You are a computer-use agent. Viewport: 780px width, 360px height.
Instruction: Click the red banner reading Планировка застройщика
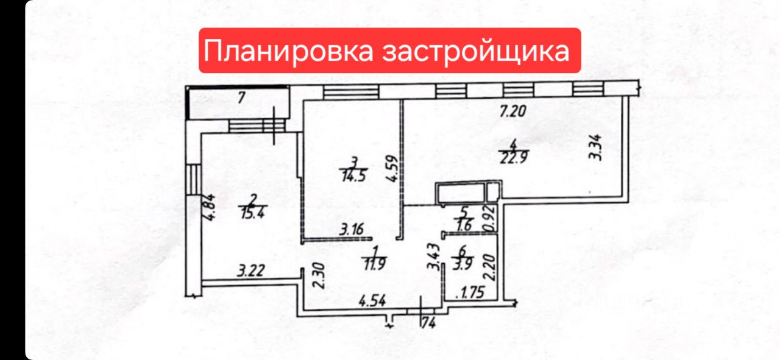390,51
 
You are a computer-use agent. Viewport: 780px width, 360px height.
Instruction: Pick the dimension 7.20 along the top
512,111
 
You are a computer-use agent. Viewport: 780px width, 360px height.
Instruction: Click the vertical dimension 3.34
597,147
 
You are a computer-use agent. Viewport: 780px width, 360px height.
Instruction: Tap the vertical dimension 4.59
393,171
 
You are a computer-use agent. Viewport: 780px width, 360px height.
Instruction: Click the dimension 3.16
352,230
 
